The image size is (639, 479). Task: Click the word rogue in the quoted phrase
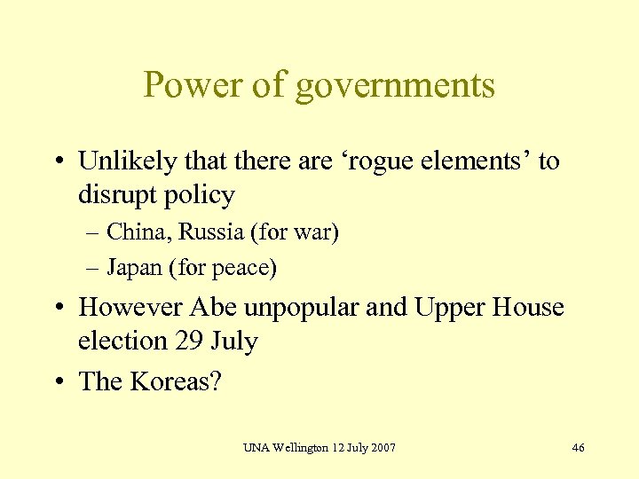[372, 162]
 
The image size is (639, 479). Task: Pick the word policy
[201, 196]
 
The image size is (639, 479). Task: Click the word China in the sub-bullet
[136, 232]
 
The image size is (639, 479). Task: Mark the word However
[131, 307]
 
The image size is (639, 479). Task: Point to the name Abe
[212, 307]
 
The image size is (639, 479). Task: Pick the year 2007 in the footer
[381, 447]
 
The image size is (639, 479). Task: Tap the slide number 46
[578, 447]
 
